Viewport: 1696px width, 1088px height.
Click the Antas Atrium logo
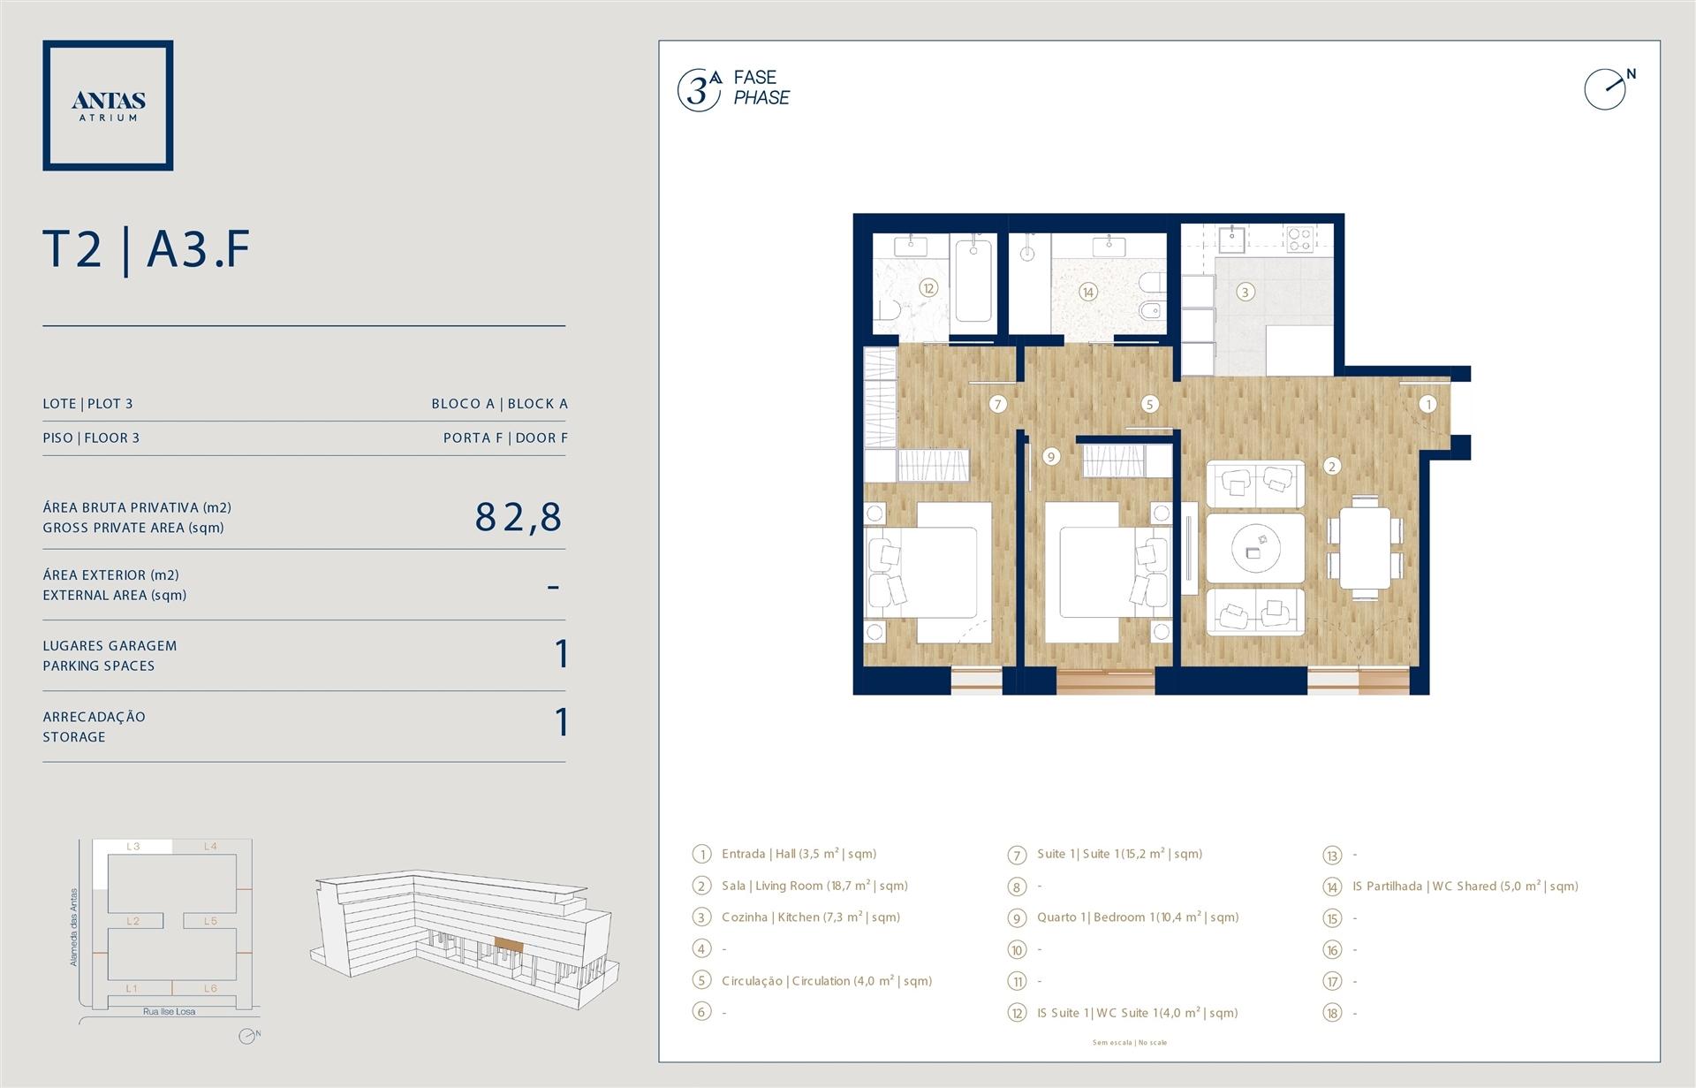[x=108, y=105]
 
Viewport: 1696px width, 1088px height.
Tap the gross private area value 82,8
[x=519, y=517]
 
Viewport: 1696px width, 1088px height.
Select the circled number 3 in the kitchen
[x=1245, y=292]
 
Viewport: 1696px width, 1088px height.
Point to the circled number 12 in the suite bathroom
[x=927, y=288]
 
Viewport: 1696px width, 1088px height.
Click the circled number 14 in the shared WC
[x=1087, y=292]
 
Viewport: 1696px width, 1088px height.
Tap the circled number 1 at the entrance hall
[x=1427, y=404]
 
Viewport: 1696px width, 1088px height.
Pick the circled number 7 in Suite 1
[x=997, y=404]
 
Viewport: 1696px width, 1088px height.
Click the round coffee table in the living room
[x=1255, y=548]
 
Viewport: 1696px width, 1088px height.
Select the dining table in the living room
[x=1364, y=547]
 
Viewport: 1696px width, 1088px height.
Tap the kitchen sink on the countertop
[x=1231, y=238]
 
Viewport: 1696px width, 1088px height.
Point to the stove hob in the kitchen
[x=1299, y=239]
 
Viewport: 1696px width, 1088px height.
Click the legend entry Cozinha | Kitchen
[x=810, y=917]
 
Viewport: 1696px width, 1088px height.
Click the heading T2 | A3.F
[x=147, y=249]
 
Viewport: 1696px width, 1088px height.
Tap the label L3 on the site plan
[x=133, y=846]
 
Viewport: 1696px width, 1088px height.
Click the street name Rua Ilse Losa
[x=169, y=1011]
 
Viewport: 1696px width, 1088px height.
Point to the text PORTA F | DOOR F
[x=505, y=437]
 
